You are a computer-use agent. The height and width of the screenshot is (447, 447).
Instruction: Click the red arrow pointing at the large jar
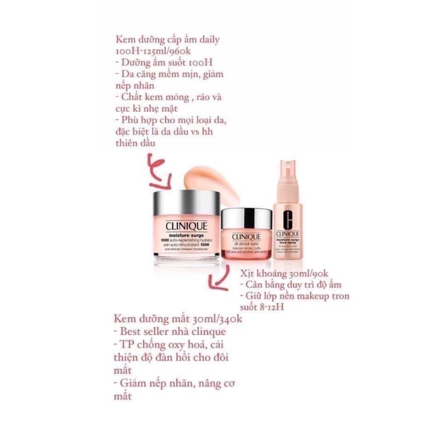[159, 170]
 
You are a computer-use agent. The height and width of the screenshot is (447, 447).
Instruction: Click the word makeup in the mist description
[310, 296]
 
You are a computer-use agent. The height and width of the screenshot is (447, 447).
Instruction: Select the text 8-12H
[274, 307]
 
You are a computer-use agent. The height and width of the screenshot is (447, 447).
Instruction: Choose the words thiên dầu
[136, 144]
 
